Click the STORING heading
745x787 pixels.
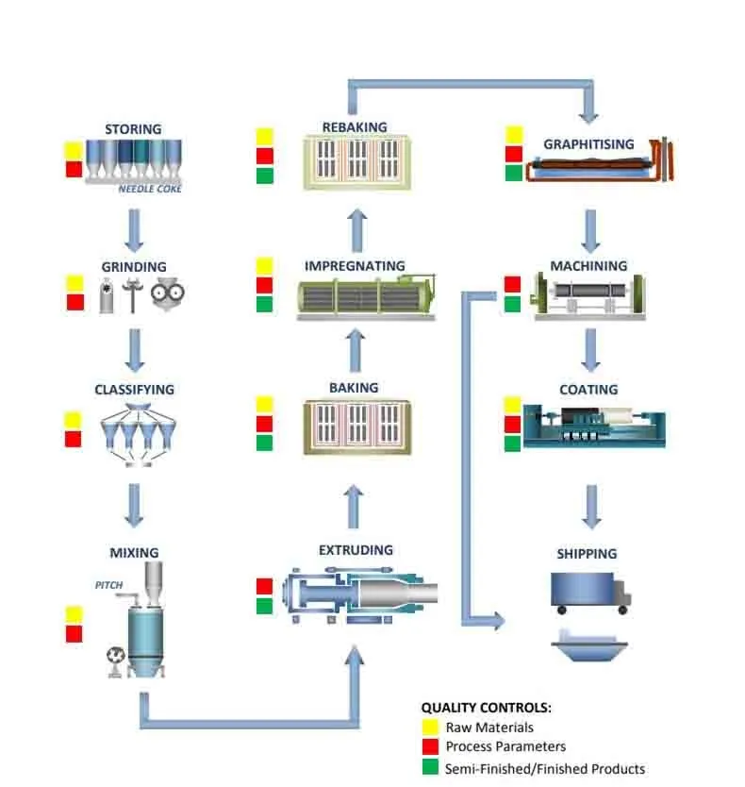tap(133, 129)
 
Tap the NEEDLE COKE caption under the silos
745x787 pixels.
tap(150, 189)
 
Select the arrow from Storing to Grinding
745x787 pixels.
tap(135, 226)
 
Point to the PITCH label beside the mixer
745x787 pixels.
tap(108, 585)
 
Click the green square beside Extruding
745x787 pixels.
tap(265, 606)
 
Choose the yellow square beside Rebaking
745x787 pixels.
tap(265, 136)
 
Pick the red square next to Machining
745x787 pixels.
tap(513, 284)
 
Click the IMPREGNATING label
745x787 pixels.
tap(355, 266)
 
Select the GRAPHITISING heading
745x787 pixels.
tap(588, 145)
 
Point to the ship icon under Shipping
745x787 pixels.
tap(589, 645)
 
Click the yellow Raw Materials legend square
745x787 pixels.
tap(431, 728)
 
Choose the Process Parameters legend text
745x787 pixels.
tap(505, 747)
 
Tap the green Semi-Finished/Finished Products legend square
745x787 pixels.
tap(431, 768)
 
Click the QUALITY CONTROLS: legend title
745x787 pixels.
tap(486, 708)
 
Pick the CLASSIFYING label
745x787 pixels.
tap(134, 389)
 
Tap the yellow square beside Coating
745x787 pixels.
tap(513, 405)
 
